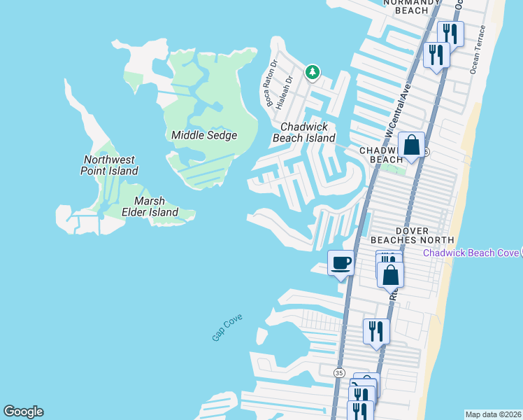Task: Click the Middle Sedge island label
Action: pyautogui.click(x=204, y=135)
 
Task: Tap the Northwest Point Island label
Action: pyautogui.click(x=108, y=165)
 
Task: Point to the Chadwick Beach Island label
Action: pyautogui.click(x=308, y=132)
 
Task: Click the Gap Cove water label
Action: pyautogui.click(x=227, y=328)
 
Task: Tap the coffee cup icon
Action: pyautogui.click(x=341, y=263)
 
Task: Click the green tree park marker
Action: pyautogui.click(x=312, y=71)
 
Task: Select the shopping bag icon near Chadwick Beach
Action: pyautogui.click(x=412, y=146)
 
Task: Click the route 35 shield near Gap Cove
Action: pyautogui.click(x=339, y=372)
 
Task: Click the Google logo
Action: pyautogui.click(x=23, y=412)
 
